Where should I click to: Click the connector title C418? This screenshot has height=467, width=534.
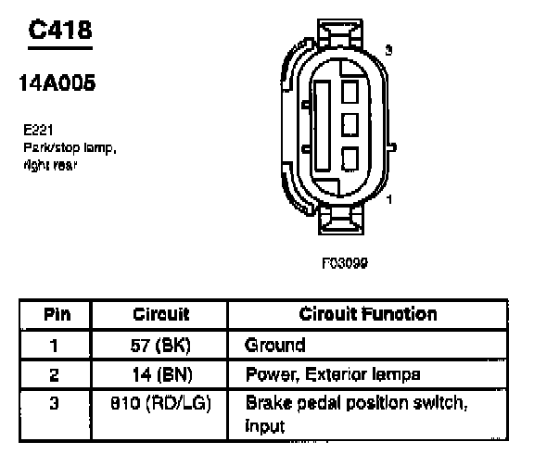tap(60, 30)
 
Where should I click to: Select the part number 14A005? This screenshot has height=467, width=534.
tap(57, 83)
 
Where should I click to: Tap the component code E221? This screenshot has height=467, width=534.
tap(38, 130)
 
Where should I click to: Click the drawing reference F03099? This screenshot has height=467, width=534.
tap(345, 263)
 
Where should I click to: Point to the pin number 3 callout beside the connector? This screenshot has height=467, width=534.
tap(389, 50)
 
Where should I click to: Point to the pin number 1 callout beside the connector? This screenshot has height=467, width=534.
tap(389, 199)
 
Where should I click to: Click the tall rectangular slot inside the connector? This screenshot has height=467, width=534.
tap(323, 126)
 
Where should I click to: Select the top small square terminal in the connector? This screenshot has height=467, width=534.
tap(350, 92)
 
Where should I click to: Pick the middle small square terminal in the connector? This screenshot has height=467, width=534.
tap(350, 124)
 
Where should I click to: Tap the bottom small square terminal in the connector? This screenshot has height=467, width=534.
tap(350, 158)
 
